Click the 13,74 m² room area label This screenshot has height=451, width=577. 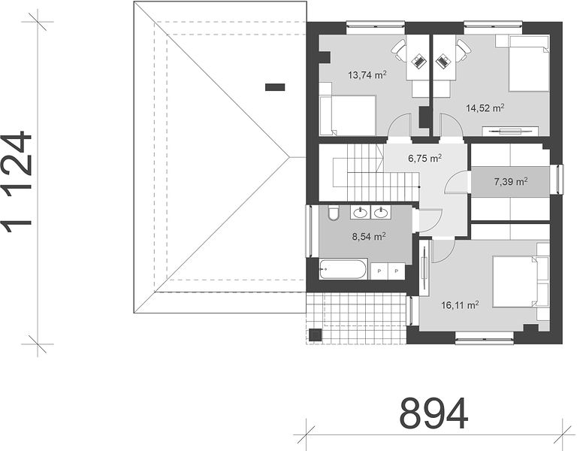367,75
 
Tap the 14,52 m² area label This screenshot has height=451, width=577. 485,108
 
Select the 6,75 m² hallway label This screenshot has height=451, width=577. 425,159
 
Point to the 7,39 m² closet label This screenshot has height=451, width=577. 511,181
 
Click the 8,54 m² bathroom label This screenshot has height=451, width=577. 369,237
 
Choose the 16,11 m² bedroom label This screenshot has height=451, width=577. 460,305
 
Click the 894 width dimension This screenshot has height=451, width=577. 434,412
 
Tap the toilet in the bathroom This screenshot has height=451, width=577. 334,213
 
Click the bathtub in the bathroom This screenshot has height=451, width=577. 343,269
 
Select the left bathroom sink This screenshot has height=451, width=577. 360,213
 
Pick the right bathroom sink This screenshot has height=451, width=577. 380,213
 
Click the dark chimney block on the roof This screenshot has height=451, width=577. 275,87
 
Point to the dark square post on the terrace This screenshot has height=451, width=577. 316,334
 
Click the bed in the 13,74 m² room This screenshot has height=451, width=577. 347,116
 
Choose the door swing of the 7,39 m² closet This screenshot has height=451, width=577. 456,182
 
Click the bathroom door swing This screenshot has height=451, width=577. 430,220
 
